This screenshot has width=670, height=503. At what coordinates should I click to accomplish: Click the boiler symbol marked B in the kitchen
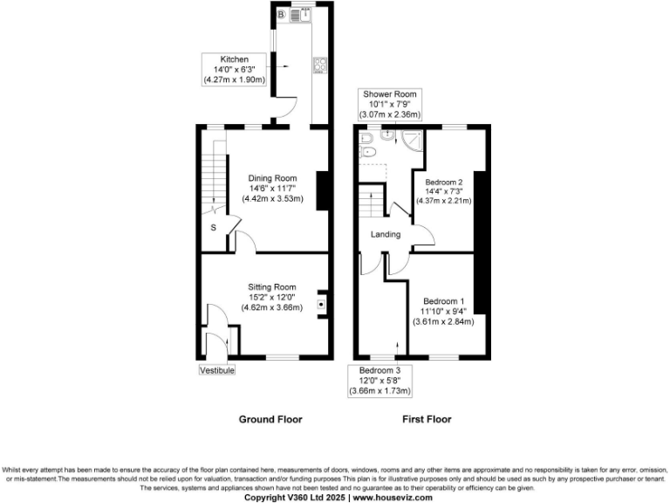pyautogui.click(x=282, y=15)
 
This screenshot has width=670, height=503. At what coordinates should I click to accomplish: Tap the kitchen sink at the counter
pyautogui.click(x=297, y=15)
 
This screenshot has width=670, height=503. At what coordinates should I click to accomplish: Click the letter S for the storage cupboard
pyautogui.click(x=213, y=229)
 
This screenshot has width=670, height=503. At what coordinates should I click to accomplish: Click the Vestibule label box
pyautogui.click(x=216, y=370)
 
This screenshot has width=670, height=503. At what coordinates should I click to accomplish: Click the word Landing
pyautogui.click(x=386, y=234)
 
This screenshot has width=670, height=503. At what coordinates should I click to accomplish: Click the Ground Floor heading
pyautogui.click(x=270, y=419)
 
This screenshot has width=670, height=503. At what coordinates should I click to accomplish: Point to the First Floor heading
pyautogui.click(x=427, y=419)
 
